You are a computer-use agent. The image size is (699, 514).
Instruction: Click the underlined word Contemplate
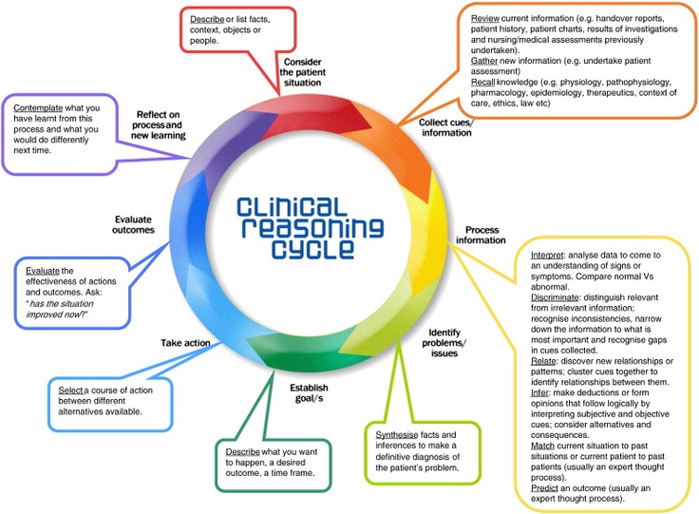(x=38, y=108)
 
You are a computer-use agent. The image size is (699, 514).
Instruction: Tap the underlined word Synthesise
(x=397, y=434)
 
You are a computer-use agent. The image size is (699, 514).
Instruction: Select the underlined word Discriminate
(x=555, y=297)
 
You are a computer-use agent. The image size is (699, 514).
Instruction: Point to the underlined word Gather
(x=484, y=61)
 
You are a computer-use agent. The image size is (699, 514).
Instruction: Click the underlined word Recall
(x=482, y=82)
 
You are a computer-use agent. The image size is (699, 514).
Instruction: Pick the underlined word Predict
(x=545, y=488)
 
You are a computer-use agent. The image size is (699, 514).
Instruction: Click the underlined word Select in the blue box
(x=71, y=390)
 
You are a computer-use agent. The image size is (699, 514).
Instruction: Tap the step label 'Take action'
(x=185, y=343)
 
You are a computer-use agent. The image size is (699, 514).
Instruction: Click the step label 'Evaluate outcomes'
(x=133, y=224)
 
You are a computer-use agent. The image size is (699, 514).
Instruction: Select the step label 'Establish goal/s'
(x=309, y=393)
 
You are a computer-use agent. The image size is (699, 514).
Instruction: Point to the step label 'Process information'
(x=481, y=235)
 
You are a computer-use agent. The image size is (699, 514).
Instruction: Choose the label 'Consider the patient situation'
(x=303, y=72)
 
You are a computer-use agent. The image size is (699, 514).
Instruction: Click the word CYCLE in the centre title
(x=313, y=250)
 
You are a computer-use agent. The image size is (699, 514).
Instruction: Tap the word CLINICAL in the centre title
(x=292, y=208)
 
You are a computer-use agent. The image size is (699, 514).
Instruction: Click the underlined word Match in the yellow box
(x=542, y=446)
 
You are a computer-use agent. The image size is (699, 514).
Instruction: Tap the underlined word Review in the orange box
(x=485, y=18)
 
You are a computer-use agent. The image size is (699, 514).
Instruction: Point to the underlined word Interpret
(x=547, y=255)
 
